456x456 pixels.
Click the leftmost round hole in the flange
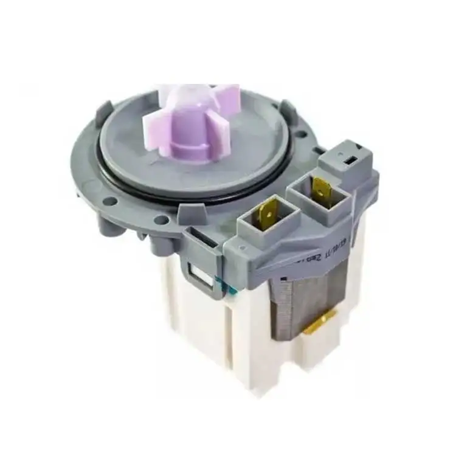[109, 200]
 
